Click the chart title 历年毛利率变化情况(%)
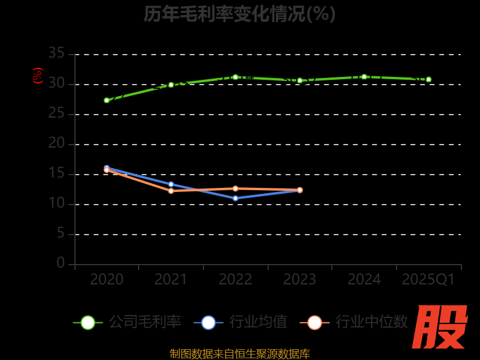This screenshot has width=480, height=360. coord(239,14)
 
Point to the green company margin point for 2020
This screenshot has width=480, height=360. coord(107,100)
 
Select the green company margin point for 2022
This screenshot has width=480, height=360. coord(235,77)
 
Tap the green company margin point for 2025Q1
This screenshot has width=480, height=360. coord(428,79)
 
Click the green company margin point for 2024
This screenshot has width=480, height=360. coord(364,77)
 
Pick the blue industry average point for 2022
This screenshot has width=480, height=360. coord(235,198)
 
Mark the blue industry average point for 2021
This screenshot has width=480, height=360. coord(171,184)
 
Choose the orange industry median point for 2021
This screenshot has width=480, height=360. coord(171,191)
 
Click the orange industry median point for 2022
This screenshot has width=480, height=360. coord(235,188)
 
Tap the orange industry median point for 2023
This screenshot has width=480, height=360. coord(300,190)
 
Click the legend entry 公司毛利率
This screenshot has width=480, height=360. coord(127,322)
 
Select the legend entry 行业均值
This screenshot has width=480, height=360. coord(241,322)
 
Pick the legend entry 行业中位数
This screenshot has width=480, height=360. coord(354,322)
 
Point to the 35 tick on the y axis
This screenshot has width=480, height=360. coord(56,53)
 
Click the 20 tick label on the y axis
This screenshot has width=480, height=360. coord(56,143)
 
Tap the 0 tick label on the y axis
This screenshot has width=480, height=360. coord(61,263)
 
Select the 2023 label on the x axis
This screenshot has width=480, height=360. coord(300,280)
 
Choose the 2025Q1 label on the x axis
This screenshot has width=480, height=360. coord(428,280)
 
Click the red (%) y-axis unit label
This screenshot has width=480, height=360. coord(38,76)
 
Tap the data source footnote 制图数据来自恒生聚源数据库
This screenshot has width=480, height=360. coord(240,354)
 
